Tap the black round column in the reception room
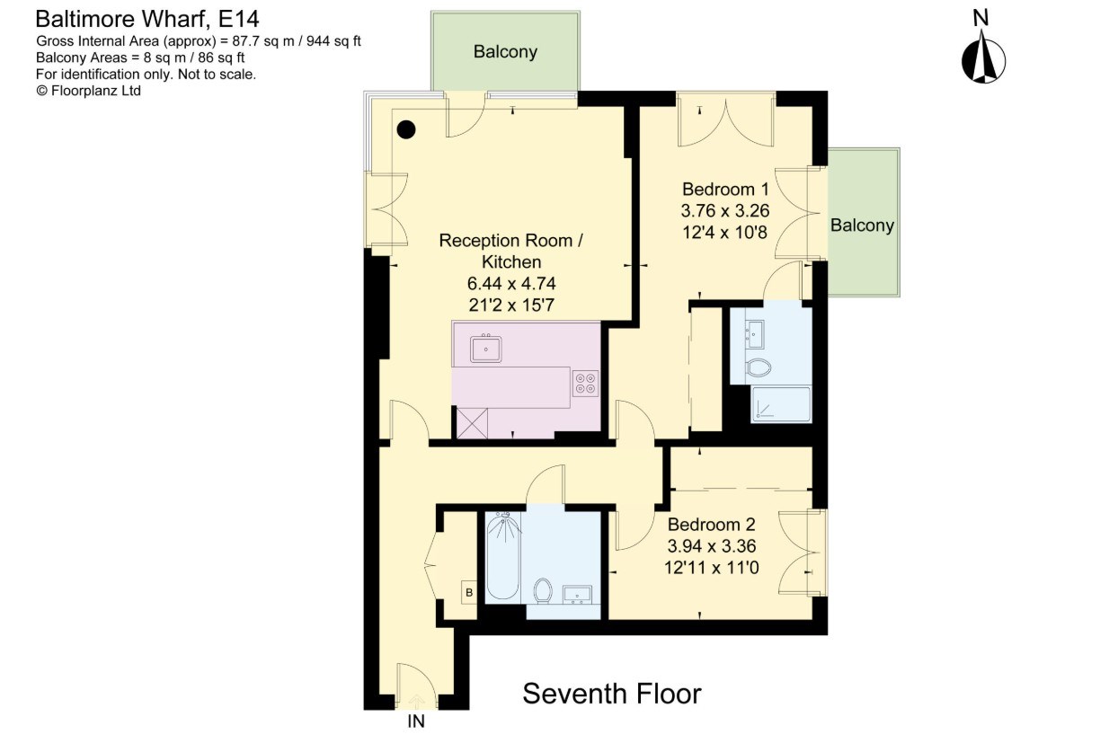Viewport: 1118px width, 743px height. tap(406, 129)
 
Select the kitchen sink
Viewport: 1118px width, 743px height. tap(485, 349)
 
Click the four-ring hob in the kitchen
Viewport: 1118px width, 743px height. tap(585, 384)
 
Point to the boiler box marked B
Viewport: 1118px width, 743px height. tap(468, 592)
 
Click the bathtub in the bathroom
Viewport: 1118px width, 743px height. tap(503, 556)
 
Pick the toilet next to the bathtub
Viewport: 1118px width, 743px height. tap(543, 591)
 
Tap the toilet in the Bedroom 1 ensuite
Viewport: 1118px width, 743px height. tap(759, 367)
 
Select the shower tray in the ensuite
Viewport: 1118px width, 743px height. tap(781, 404)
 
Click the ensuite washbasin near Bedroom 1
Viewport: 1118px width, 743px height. tap(754, 333)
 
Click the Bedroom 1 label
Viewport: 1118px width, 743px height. tap(725, 189)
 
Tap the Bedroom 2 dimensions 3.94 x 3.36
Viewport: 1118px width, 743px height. tap(712, 546)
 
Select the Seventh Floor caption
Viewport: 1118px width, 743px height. tap(612, 693)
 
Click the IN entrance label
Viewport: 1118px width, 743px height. tap(416, 721)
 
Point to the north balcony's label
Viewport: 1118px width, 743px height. tap(505, 51)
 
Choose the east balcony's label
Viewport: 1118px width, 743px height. tap(862, 225)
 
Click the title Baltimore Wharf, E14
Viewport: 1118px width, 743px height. tap(147, 19)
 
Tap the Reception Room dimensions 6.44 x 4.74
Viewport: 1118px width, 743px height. tap(511, 283)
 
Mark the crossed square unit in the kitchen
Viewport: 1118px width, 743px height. tap(472, 423)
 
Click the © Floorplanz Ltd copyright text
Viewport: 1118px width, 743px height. tap(88, 91)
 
